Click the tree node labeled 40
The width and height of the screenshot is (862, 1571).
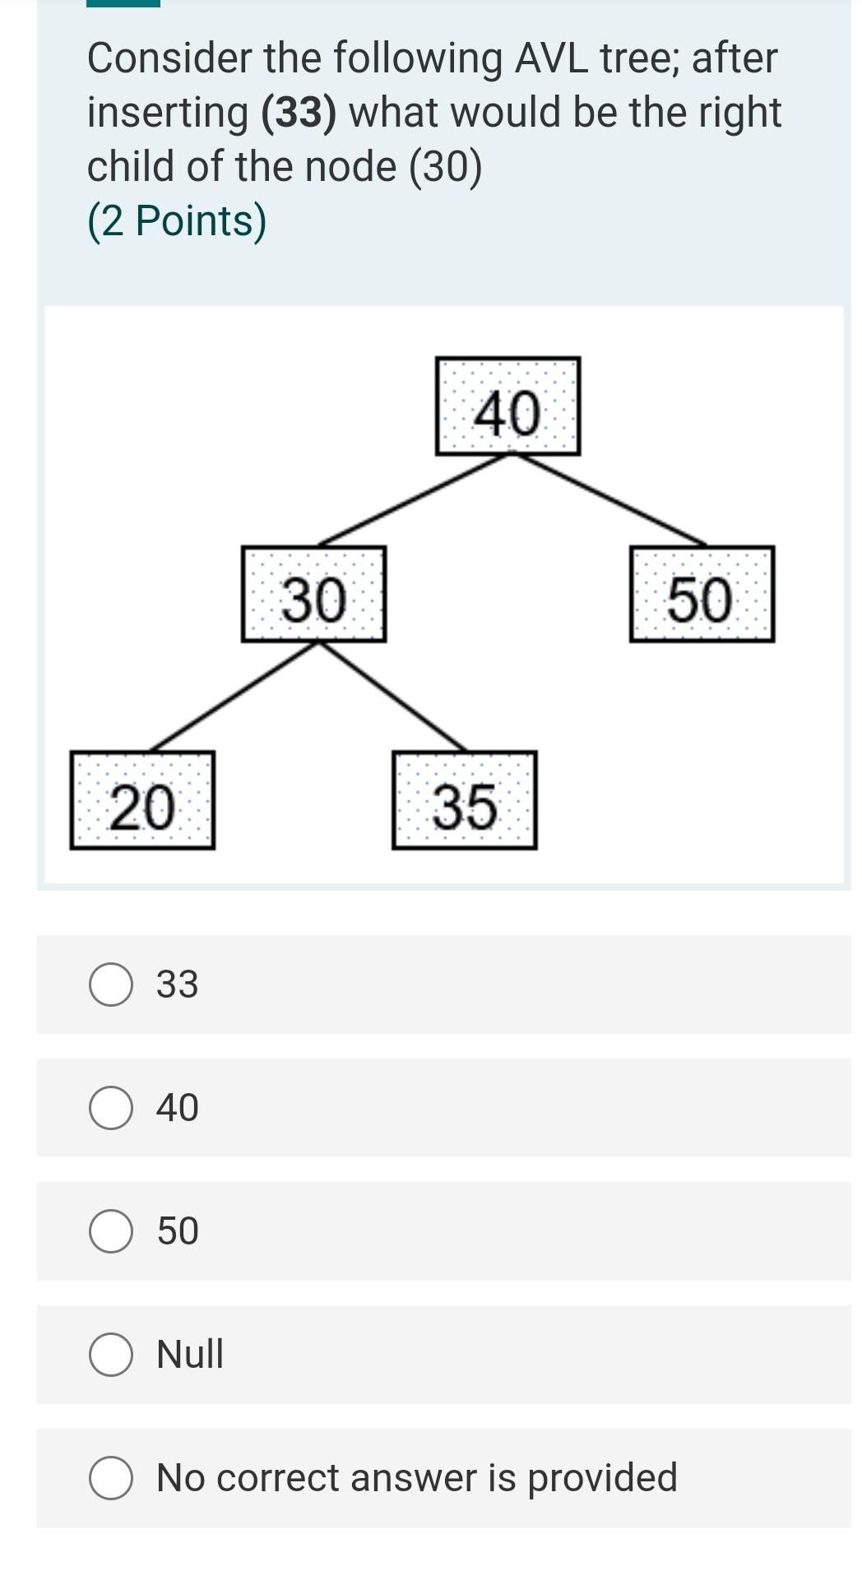507,406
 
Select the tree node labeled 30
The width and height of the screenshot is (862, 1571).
313,595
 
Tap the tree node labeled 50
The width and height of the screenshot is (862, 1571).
701,595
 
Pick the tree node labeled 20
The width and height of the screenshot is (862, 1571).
142,800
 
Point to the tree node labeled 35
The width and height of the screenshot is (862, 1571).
464,800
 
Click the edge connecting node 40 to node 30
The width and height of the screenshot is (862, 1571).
414,499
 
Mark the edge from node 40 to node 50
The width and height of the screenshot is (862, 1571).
609,499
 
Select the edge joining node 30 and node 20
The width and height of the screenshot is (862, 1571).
234,697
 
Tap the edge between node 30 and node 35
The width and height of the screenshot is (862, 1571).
392,697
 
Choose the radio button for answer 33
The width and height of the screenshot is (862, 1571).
111,985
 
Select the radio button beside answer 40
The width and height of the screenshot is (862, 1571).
111,1108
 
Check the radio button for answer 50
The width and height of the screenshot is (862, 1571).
111,1231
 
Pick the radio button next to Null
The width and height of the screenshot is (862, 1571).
111,1355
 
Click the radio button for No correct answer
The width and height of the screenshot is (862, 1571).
111,1478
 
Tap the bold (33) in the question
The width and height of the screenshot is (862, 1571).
299,113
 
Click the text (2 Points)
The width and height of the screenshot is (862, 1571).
177,221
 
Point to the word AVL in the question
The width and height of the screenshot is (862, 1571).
551,58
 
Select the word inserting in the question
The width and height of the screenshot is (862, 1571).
168,113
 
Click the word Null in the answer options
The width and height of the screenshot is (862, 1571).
190,1355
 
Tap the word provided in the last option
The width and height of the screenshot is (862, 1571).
602,1478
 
